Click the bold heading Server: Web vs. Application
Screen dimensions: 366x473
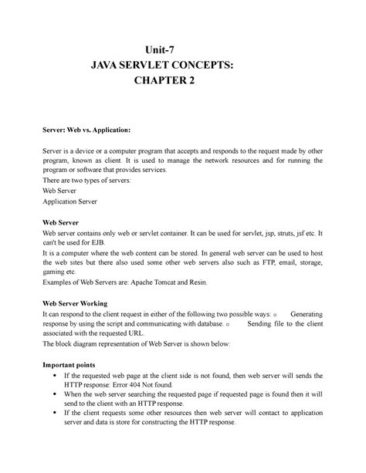click(86, 132)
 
